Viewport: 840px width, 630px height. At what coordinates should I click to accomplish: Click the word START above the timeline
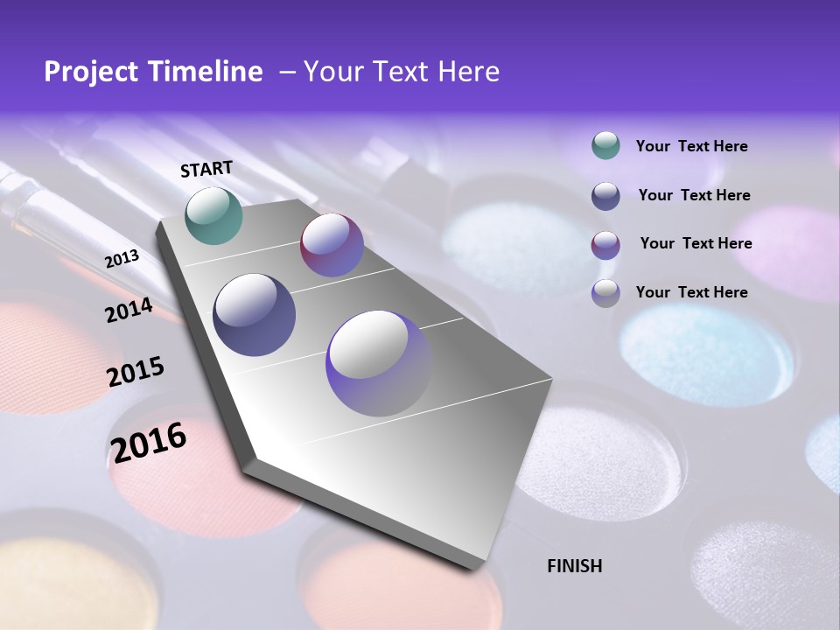[206, 169]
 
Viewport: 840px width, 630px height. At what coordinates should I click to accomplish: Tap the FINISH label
[574, 566]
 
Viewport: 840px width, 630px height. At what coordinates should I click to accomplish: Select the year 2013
[122, 259]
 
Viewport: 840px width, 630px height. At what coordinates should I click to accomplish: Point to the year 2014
[129, 310]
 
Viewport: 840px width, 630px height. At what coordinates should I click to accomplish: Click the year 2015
[136, 371]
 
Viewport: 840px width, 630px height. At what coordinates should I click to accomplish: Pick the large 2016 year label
[149, 441]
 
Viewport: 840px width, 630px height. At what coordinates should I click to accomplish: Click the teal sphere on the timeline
[213, 215]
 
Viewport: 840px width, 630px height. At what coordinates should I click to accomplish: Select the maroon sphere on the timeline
[332, 245]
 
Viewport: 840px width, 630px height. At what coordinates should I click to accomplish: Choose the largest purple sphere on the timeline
[378, 363]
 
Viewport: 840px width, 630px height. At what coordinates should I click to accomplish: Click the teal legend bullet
[605, 146]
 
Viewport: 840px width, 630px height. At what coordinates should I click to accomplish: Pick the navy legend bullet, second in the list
[605, 195]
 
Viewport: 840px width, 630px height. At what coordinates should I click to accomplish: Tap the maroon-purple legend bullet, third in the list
[605, 244]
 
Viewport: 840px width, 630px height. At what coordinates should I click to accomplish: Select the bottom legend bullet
[605, 292]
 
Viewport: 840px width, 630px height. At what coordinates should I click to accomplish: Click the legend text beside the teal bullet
[691, 146]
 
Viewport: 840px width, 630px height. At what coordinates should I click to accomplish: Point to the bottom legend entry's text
[691, 292]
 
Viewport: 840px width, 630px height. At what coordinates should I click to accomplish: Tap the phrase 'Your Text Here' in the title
[401, 72]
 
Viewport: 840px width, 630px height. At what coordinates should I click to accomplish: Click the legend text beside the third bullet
[696, 243]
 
